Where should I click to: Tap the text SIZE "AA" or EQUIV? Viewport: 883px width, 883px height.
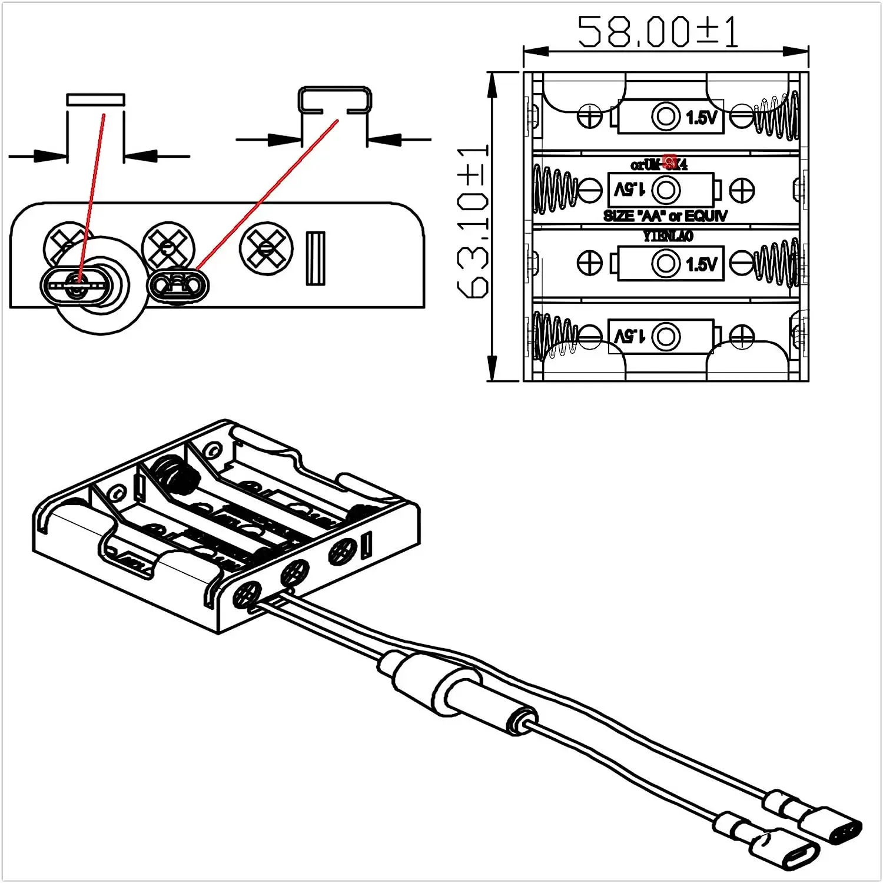click(x=665, y=216)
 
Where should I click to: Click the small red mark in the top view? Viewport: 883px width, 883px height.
click(x=669, y=161)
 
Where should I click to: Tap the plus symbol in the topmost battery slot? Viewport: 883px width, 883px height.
click(x=590, y=116)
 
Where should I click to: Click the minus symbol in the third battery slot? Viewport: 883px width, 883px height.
click(x=741, y=263)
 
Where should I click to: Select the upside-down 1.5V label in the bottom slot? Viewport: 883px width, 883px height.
click(x=629, y=336)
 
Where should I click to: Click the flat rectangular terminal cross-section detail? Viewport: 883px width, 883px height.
click(x=96, y=99)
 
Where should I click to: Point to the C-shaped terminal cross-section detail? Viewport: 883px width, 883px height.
click(x=335, y=99)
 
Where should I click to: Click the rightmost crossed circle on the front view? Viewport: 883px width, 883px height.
click(x=267, y=248)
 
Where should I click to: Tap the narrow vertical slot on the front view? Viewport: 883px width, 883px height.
click(x=316, y=258)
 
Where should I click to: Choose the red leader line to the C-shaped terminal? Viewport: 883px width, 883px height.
click(x=268, y=194)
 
